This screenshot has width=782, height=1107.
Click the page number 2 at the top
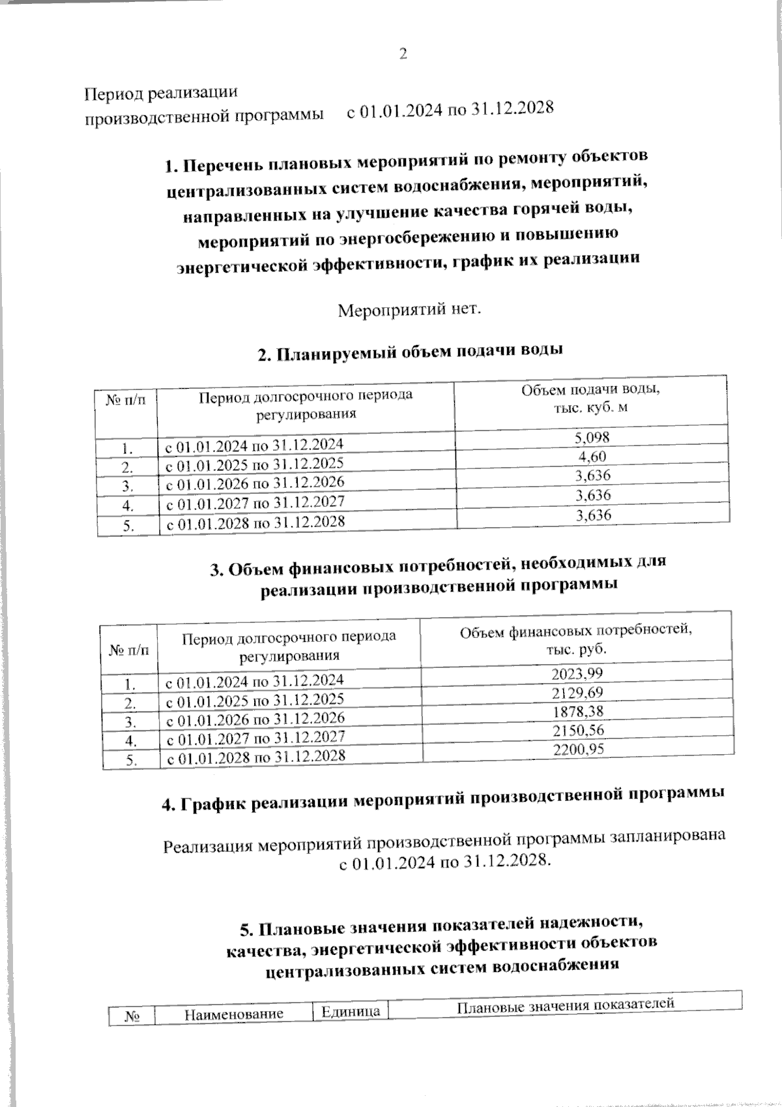pyautogui.click(x=403, y=54)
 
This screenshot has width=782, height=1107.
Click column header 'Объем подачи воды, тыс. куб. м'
pyautogui.click(x=590, y=399)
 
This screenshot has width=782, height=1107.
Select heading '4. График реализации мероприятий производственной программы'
pyautogui.click(x=443, y=801)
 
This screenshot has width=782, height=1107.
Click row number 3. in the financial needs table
pyautogui.click(x=130, y=722)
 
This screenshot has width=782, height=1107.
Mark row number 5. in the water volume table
pyautogui.click(x=128, y=526)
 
